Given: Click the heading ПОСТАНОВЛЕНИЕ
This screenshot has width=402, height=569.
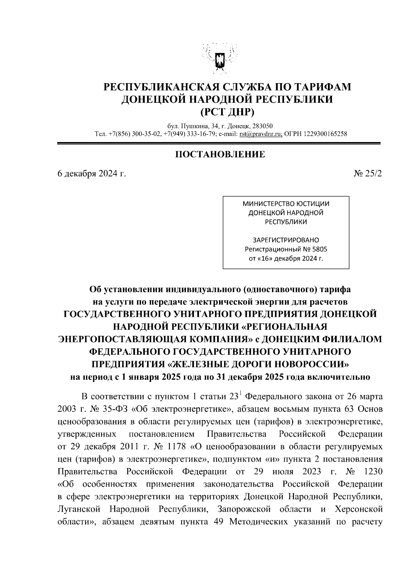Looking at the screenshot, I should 220,154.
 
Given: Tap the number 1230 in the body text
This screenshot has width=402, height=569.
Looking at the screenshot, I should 373,472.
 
